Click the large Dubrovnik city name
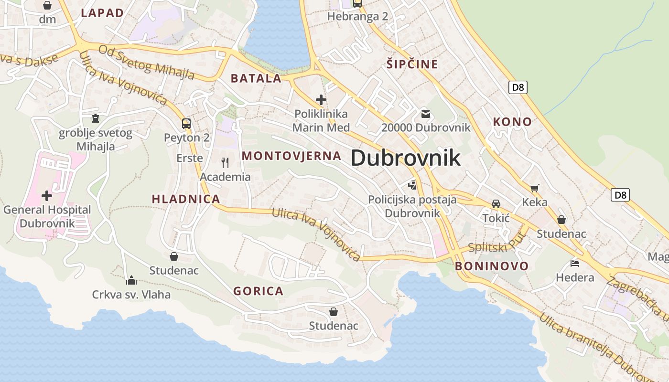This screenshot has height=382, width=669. [406, 158]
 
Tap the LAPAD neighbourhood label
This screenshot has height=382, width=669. [102, 13]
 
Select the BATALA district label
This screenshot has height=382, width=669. [256, 78]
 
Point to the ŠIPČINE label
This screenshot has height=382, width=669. [412, 64]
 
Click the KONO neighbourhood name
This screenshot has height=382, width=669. [512, 122]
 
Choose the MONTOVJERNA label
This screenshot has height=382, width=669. [291, 156]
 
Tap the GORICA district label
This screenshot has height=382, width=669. [258, 291]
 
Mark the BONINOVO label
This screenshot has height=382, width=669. [492, 266]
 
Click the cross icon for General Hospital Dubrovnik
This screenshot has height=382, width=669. [47, 195]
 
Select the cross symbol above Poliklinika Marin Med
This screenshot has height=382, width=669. [321, 100]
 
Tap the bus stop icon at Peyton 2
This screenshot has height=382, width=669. [186, 124]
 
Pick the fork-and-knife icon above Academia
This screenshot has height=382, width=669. [225, 163]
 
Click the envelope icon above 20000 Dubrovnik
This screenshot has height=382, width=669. [426, 114]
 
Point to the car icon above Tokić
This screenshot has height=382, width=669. [496, 204]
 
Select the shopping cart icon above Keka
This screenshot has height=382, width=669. [534, 188]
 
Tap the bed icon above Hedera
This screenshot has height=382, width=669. [575, 263]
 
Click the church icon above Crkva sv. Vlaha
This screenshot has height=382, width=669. [131, 280]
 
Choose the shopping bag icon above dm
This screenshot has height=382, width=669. [47, 5]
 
